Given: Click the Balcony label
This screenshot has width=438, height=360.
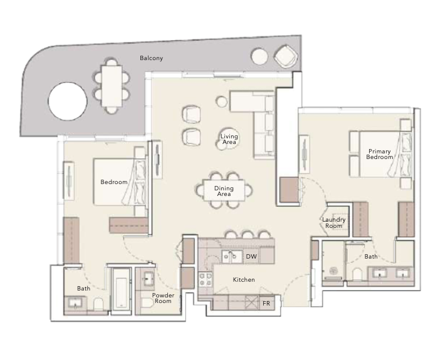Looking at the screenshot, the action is click(x=151, y=58).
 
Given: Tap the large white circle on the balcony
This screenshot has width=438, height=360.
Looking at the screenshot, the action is click(x=68, y=101).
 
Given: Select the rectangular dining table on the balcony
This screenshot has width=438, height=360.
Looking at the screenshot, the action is click(x=112, y=86).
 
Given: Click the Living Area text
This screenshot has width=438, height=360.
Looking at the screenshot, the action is click(x=229, y=139).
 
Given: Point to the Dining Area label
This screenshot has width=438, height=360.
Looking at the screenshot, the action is click(x=224, y=191).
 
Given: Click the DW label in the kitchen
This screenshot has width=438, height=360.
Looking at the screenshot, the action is click(x=251, y=256).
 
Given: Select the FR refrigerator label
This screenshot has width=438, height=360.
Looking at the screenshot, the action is click(x=266, y=303).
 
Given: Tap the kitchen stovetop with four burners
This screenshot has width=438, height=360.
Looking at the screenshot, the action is click(x=206, y=280).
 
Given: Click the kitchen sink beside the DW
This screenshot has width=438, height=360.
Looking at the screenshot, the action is click(x=232, y=257).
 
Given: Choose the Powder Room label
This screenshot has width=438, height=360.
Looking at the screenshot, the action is click(x=163, y=298).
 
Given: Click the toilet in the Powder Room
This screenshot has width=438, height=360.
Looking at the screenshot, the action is click(x=147, y=302).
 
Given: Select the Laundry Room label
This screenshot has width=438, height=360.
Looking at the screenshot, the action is click(x=334, y=223).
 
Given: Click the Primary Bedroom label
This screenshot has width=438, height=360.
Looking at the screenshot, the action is click(x=379, y=154).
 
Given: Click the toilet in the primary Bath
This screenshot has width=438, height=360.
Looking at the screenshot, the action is click(x=357, y=274).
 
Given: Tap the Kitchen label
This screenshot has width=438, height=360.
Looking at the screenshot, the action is click(x=244, y=280).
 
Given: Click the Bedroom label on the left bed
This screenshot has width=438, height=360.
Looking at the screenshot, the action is click(x=113, y=182).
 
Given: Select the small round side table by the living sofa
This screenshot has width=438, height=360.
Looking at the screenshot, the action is click(x=222, y=101).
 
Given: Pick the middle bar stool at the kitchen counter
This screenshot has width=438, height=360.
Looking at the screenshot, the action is click(x=248, y=234).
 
